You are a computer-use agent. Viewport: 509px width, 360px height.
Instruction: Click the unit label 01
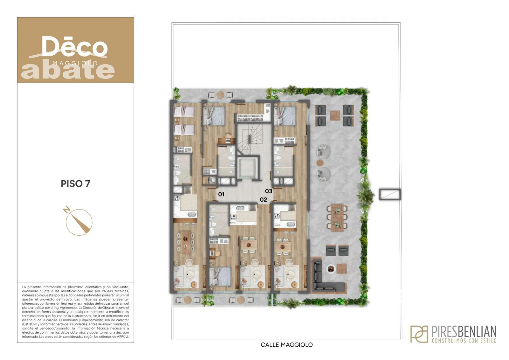point(221,194)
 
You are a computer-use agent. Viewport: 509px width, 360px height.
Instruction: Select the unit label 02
point(263,200)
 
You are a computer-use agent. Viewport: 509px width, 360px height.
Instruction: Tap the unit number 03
point(268,191)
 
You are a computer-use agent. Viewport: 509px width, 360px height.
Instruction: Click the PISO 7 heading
point(75,184)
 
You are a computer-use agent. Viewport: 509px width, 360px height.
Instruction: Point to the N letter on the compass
point(66,210)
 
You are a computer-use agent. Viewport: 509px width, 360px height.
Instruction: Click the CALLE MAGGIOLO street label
point(287,345)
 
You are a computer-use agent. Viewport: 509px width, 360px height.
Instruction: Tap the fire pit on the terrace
point(331,269)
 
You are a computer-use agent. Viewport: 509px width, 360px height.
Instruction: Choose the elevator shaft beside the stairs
point(248,169)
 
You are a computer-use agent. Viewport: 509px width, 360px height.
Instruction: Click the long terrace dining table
point(337,217)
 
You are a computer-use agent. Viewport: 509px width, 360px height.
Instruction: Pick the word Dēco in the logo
point(74,46)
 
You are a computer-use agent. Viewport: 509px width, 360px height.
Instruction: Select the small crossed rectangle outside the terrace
point(390,194)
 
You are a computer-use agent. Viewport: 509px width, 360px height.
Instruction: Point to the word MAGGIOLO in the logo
point(75,63)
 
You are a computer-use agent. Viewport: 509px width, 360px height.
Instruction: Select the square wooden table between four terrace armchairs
point(335,115)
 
